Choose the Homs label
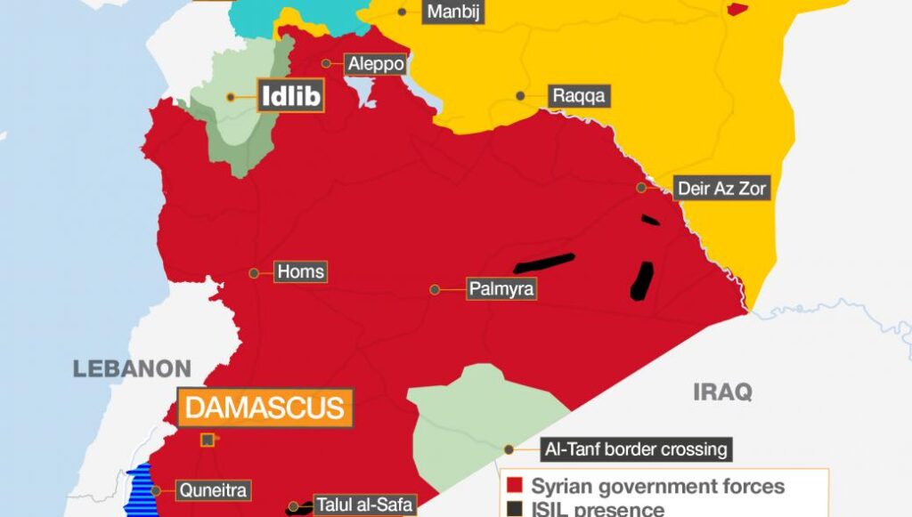tap(301, 272)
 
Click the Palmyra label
tap(501, 289)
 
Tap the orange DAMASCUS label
tap(265, 408)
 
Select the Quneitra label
tap(213, 489)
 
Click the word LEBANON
tap(132, 368)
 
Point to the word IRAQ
tap(722, 392)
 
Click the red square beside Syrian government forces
tap(513, 487)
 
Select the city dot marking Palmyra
tap(435, 289)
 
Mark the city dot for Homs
tap(254, 272)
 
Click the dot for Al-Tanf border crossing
tap(509, 449)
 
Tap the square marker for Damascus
tap(207, 440)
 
